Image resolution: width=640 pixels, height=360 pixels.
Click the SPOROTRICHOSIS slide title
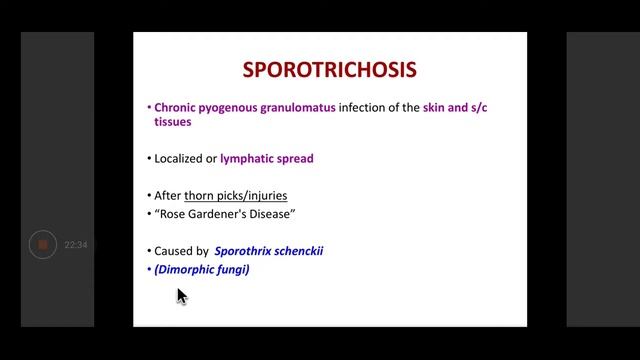tap(331, 70)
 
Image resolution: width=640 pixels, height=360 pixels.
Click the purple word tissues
tap(172, 122)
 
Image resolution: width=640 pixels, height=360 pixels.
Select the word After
tap(167, 194)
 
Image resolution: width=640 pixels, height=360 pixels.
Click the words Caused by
tap(181, 251)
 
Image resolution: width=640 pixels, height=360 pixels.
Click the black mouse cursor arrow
tap(181, 295)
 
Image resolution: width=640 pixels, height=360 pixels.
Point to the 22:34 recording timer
tap(76, 245)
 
